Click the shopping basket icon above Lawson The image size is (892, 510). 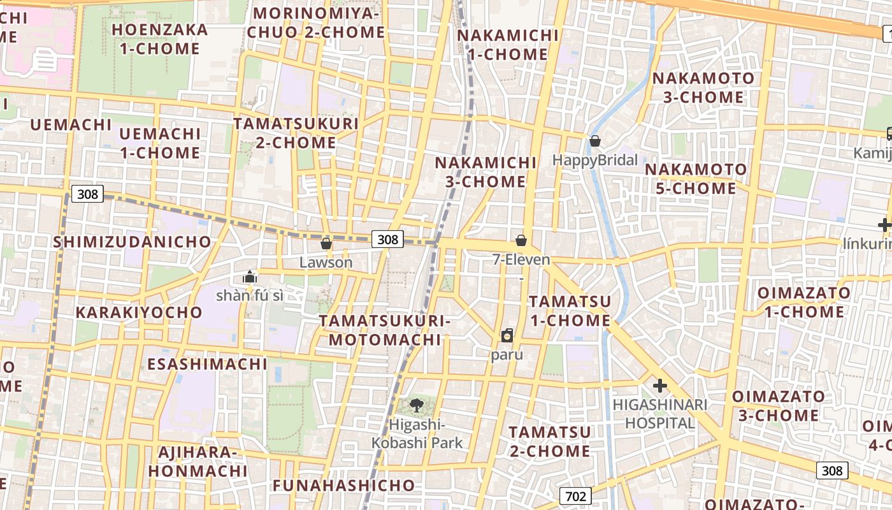click(x=326, y=244)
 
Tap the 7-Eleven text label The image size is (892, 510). click(x=521, y=259)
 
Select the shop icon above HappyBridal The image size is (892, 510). click(x=595, y=141)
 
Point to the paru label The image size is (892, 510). click(x=507, y=354)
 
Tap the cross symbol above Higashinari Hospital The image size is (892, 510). click(x=660, y=386)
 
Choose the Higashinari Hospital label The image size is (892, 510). click(x=659, y=414)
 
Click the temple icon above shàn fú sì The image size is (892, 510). click(x=250, y=277)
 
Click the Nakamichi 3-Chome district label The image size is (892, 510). click(x=486, y=172)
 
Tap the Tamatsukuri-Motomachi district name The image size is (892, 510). click(x=385, y=330)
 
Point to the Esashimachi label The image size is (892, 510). click(x=208, y=364)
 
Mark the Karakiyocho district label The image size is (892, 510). click(x=139, y=312)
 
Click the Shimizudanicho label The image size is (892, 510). click(x=132, y=242)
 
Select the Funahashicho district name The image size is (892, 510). click(x=344, y=485)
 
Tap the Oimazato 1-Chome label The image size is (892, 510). click(x=803, y=302)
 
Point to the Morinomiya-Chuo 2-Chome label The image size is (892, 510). click(x=316, y=22)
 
